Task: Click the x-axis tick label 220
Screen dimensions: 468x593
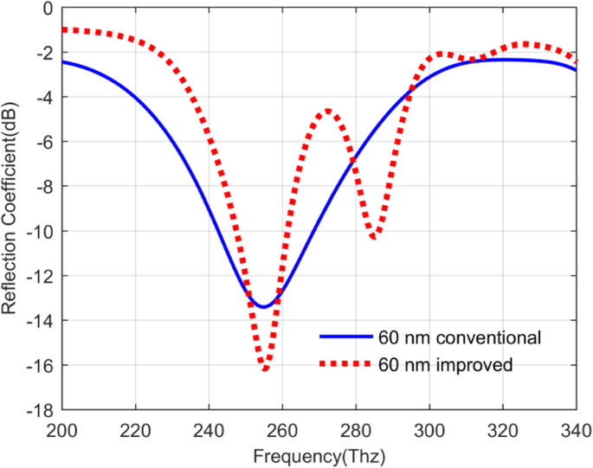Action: [x=135, y=428]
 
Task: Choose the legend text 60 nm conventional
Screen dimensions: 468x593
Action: [x=460, y=337]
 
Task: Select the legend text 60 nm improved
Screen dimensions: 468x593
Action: [x=446, y=365]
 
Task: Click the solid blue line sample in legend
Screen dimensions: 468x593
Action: [x=345, y=337]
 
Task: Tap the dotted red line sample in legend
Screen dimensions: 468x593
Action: [x=345, y=365]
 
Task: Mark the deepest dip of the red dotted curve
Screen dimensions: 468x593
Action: [x=266, y=369]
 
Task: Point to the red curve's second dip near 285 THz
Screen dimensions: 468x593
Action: [x=374, y=236]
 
